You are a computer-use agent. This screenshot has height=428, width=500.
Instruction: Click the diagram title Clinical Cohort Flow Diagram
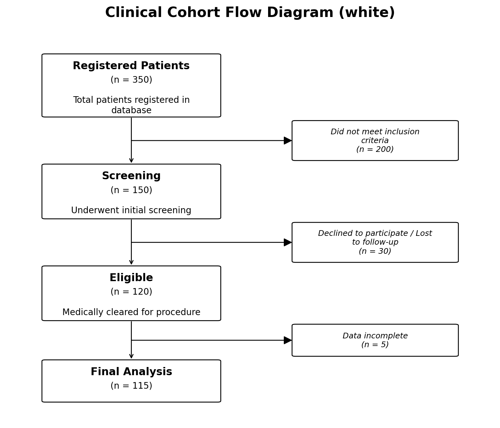coord(250,13)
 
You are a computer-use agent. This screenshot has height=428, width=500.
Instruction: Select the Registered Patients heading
coord(131,66)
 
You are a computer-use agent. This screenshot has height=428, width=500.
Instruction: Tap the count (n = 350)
coord(131,80)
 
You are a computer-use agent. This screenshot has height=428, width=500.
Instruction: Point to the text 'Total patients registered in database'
coord(131,105)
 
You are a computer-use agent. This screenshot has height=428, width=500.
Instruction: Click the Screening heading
coord(131,176)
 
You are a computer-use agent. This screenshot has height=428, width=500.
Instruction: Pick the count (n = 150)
coord(131,190)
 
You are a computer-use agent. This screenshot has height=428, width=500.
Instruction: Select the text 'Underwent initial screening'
coord(131,210)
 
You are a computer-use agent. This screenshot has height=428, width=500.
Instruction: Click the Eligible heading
coord(131,278)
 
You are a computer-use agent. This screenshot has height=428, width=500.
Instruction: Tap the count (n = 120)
coord(131,292)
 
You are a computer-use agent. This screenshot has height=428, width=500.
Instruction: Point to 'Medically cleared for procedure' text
coord(131,312)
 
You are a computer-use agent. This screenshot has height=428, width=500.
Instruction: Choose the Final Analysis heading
coord(131,372)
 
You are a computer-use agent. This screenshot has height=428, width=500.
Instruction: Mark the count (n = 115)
coord(131,386)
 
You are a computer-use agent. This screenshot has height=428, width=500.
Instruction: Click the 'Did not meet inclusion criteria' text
coord(375,136)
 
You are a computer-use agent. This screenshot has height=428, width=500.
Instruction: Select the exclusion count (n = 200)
coord(375,149)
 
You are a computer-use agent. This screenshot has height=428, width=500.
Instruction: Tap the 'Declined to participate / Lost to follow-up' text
coord(375,238)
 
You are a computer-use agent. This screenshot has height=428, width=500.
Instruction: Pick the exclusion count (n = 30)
coord(375,251)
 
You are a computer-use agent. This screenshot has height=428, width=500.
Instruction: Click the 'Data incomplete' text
coord(375,336)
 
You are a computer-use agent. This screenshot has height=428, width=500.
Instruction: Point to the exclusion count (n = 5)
coord(375,345)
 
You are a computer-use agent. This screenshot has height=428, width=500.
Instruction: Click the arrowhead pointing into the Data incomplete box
coord(288,340)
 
